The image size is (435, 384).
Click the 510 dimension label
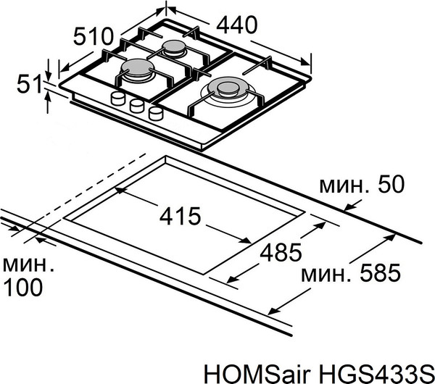[x=94, y=36]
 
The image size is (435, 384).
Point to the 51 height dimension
[x=27, y=85]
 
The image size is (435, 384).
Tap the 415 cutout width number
[x=179, y=217]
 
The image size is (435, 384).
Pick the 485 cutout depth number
[x=279, y=253]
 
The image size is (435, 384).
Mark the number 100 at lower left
[x=22, y=288]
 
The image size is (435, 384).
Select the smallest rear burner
[x=174, y=49]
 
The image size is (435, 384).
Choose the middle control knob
[x=136, y=107]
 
